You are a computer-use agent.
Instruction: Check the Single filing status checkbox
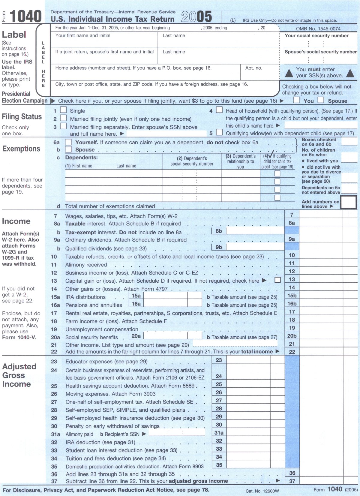click(x=63, y=110)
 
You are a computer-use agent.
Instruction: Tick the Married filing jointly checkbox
click(x=63, y=118)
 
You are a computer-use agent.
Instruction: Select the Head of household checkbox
click(x=219, y=110)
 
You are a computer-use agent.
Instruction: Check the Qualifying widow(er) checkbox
click(x=219, y=132)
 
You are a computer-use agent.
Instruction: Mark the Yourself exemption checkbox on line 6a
click(x=68, y=142)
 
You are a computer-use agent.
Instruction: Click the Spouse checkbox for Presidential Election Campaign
click(x=321, y=100)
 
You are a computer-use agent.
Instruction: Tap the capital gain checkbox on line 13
click(x=277, y=280)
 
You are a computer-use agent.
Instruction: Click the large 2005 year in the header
click(x=196, y=17)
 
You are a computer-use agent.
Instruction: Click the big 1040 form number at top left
click(x=25, y=16)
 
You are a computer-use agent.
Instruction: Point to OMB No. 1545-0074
click(x=318, y=29)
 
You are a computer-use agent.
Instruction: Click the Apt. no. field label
click(x=253, y=68)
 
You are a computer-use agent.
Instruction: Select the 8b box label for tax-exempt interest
click(x=219, y=231)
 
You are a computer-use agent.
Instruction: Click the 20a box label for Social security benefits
click(x=136, y=336)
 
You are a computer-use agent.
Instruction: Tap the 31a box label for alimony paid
click(x=219, y=433)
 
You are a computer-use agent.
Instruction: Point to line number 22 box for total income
click(x=292, y=352)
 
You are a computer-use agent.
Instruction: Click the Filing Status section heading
click(x=22, y=116)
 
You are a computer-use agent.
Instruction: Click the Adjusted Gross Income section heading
click(x=19, y=375)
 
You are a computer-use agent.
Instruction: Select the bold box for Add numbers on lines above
click(x=349, y=202)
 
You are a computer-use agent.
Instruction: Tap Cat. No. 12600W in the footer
click(x=262, y=491)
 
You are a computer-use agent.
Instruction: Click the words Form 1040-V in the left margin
click(x=19, y=337)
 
